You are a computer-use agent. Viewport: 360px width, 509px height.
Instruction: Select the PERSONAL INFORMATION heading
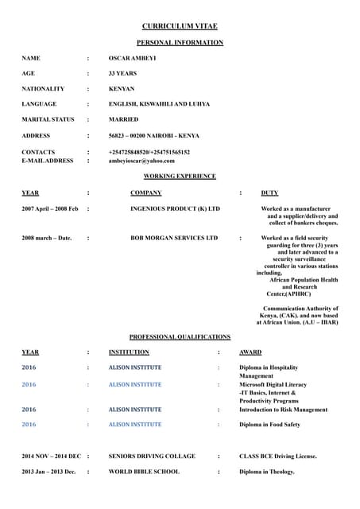[x=179, y=41]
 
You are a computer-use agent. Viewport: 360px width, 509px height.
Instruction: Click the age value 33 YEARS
[x=123, y=74]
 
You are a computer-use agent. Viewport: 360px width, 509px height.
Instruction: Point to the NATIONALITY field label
[x=43, y=89]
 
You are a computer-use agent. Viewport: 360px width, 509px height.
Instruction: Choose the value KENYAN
[x=122, y=89]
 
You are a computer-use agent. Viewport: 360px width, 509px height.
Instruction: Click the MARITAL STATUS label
[x=48, y=120]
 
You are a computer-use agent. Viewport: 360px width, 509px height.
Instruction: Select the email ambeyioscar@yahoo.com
[x=141, y=161]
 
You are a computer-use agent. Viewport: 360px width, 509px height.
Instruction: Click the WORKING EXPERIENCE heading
[x=179, y=176]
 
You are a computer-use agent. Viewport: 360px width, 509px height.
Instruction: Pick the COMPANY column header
[x=146, y=192]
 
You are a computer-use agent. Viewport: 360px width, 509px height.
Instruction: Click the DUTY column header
[x=269, y=192]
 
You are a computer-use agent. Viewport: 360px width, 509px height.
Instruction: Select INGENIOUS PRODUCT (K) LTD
[x=175, y=208]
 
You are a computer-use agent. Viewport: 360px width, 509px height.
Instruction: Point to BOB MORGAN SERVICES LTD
[x=174, y=238]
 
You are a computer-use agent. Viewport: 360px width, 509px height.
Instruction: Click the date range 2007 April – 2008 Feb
[x=50, y=208]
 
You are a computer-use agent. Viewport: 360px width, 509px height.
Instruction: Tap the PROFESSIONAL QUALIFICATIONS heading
[x=180, y=337]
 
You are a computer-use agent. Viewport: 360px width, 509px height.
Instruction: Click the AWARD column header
[x=250, y=352]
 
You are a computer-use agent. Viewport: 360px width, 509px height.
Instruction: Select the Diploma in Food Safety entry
[x=269, y=425]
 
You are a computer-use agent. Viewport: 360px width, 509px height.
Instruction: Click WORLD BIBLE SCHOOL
[x=144, y=472]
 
